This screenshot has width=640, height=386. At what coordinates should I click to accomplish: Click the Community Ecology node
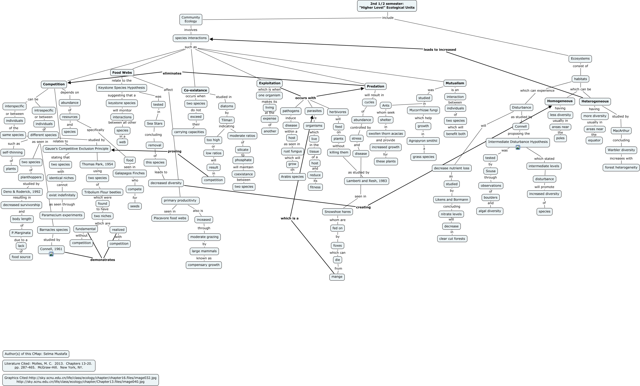pyautogui.click(x=191, y=19)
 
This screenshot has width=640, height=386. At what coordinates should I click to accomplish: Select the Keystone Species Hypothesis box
pyautogui.click(x=122, y=88)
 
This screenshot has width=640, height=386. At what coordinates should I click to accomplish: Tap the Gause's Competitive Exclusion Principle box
pyautogui.click(x=77, y=149)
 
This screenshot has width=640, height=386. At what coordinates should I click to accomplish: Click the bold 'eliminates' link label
pyautogui.click(x=172, y=73)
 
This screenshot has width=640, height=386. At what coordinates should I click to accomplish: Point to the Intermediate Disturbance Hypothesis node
pyautogui.click(x=518, y=142)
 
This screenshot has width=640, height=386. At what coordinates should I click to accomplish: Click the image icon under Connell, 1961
pyautogui.click(x=51, y=254)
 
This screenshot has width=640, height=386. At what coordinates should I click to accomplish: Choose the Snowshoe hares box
pyautogui.click(x=338, y=212)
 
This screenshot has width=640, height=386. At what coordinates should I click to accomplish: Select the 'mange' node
pyautogui.click(x=337, y=277)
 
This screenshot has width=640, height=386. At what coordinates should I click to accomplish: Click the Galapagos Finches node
pyautogui.click(x=130, y=173)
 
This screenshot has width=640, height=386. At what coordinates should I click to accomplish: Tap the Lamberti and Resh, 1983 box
pyautogui.click(x=366, y=181)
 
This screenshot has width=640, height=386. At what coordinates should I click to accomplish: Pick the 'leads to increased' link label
pyautogui.click(x=440, y=50)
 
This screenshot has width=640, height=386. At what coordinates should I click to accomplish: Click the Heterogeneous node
pyautogui.click(x=595, y=101)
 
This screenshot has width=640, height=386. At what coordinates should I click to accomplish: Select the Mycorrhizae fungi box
pyautogui.click(x=423, y=110)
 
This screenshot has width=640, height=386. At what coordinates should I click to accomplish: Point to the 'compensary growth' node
pyautogui.click(x=204, y=265)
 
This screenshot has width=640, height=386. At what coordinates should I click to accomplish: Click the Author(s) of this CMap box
pyautogui.click(x=36, y=354)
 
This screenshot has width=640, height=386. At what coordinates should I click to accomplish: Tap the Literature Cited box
pyautogui.click(x=49, y=365)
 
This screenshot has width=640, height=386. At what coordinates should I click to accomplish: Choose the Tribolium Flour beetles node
pyautogui.click(x=103, y=192)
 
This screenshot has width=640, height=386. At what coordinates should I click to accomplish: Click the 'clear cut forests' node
pyautogui.click(x=452, y=239)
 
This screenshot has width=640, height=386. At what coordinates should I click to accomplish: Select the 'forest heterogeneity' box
pyautogui.click(x=621, y=167)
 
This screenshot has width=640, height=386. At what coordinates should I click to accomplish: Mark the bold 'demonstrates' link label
pyautogui.click(x=103, y=260)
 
